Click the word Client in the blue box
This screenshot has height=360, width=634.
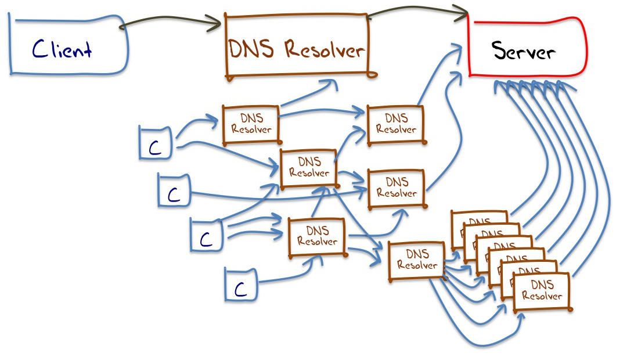pyautogui.click(x=62, y=49)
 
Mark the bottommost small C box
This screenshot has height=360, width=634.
pyautogui.click(x=240, y=285)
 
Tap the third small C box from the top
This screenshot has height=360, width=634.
pyautogui.click(x=207, y=236)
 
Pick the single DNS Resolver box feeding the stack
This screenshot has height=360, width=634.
pyautogui.click(x=417, y=261)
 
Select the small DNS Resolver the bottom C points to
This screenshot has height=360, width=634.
pyautogui.click(x=317, y=236)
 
